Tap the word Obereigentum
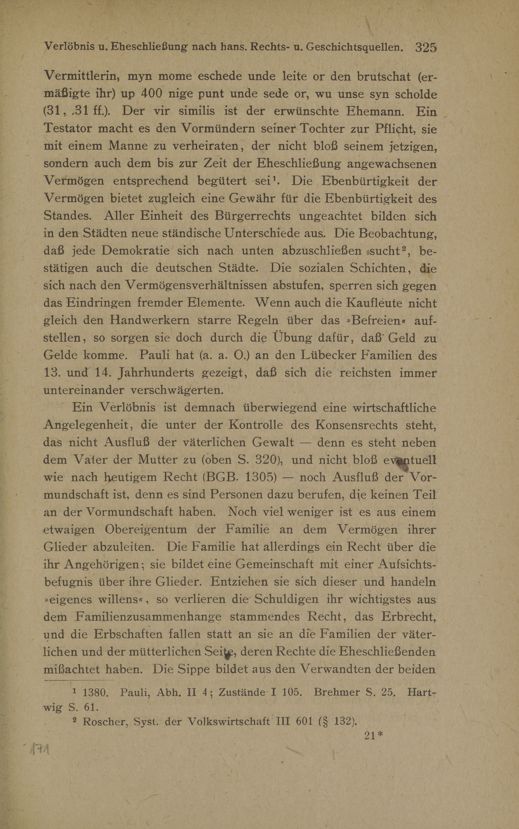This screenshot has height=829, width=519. [x=146, y=529]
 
